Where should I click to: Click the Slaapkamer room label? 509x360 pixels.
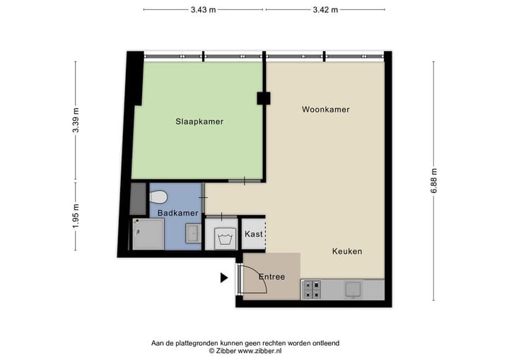pos(199,122)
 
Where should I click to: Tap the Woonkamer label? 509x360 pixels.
pos(325,110)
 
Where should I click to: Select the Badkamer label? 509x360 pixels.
pos(172,212)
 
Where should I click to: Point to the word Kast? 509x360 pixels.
pos(252,234)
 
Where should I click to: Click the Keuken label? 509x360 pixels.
pos(347,251)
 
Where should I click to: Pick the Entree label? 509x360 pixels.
pos(271,277)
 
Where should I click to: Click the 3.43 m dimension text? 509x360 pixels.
pos(203,9)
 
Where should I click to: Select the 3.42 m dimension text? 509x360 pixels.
pos(325,9)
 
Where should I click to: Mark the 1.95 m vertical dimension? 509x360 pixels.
pos(76,215)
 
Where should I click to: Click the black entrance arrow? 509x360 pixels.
pos(224,278)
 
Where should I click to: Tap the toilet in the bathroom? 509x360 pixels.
pos(159,195)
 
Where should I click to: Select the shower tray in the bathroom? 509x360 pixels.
pos(146,233)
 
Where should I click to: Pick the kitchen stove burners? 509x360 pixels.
pos(312,289)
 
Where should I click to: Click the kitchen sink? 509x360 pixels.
pos(351,289)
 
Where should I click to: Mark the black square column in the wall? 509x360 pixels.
pos(263,99)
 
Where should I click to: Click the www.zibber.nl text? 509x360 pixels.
pos(258,351)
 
